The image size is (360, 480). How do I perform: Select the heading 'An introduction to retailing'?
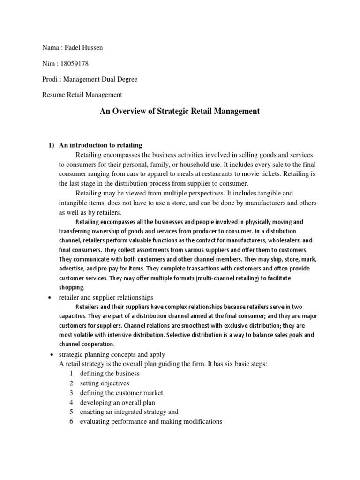coord(100,145)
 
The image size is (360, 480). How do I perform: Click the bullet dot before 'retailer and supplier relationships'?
coord(49,298)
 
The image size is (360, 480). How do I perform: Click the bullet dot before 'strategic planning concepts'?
coord(49,355)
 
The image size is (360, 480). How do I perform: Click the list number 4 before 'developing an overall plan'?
coord(71,402)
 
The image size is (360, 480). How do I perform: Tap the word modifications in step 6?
coord(197,421)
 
